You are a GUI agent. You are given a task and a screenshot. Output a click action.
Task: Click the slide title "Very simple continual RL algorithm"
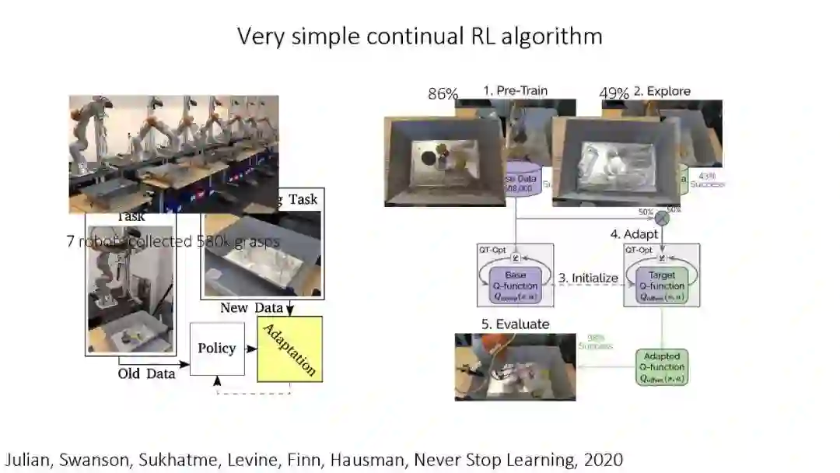[x=420, y=36]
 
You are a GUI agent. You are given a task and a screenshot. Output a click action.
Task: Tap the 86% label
[x=443, y=94]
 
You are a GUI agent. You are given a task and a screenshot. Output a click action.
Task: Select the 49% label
[x=614, y=93]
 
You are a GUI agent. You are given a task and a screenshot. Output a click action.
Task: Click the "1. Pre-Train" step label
[x=515, y=90]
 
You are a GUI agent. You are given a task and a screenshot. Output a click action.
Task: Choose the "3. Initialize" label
[x=589, y=279]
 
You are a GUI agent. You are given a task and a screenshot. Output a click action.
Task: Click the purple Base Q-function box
[x=516, y=286]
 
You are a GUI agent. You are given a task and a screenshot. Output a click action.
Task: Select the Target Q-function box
[x=663, y=286]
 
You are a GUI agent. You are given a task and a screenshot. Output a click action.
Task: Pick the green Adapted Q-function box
[x=663, y=367]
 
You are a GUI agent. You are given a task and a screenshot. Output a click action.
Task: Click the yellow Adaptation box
[x=289, y=349]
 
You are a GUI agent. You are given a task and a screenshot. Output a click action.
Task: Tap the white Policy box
[x=217, y=349]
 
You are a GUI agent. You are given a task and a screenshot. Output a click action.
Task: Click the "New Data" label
[x=245, y=308]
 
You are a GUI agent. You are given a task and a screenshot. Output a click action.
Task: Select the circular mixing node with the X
[x=662, y=217]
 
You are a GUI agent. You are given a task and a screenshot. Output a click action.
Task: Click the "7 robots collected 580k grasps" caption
[x=173, y=241]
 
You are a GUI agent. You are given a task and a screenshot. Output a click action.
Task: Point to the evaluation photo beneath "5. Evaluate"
[x=515, y=366]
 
